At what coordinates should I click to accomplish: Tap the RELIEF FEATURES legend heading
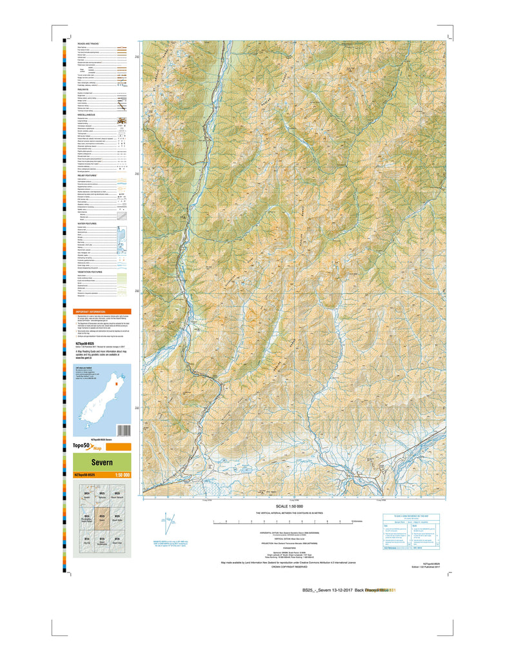click(90, 175)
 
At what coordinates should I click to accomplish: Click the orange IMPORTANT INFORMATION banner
click(102, 311)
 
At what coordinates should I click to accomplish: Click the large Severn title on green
click(102, 463)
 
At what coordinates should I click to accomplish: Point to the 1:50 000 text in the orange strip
click(122, 476)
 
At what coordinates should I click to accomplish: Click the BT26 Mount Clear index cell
click(117, 540)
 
